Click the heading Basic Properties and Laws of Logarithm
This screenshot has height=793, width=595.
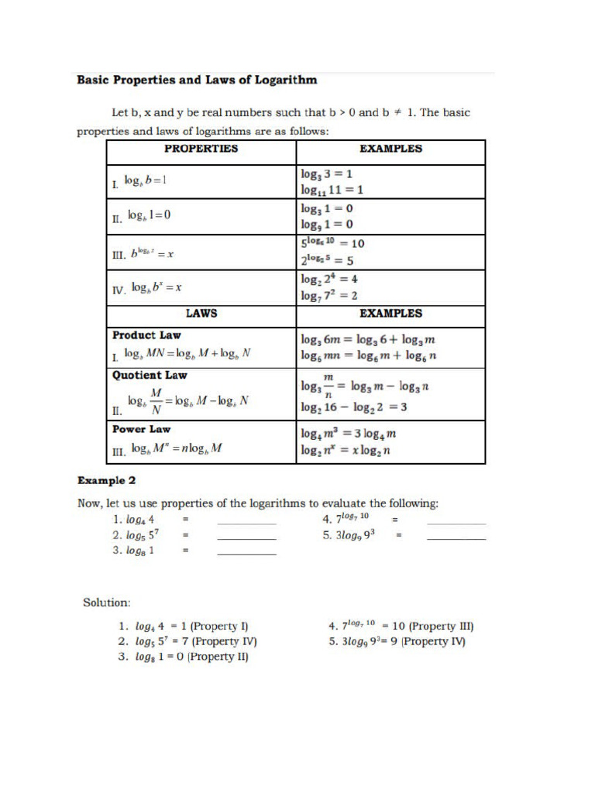tap(196, 80)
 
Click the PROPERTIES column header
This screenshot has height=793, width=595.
tap(201, 148)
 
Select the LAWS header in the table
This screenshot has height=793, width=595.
tap(201, 314)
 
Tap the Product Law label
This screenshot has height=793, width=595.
tap(146, 335)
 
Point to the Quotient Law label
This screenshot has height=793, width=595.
tap(150, 375)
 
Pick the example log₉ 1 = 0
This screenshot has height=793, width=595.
tap(327, 225)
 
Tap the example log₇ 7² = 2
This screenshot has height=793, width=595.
tap(329, 295)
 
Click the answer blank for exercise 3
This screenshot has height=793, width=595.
tap(246, 554)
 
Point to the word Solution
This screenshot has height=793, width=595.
tap(107, 601)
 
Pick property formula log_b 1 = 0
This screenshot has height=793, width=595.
tap(150, 215)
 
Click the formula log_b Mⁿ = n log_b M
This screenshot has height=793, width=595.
tap(177, 448)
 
